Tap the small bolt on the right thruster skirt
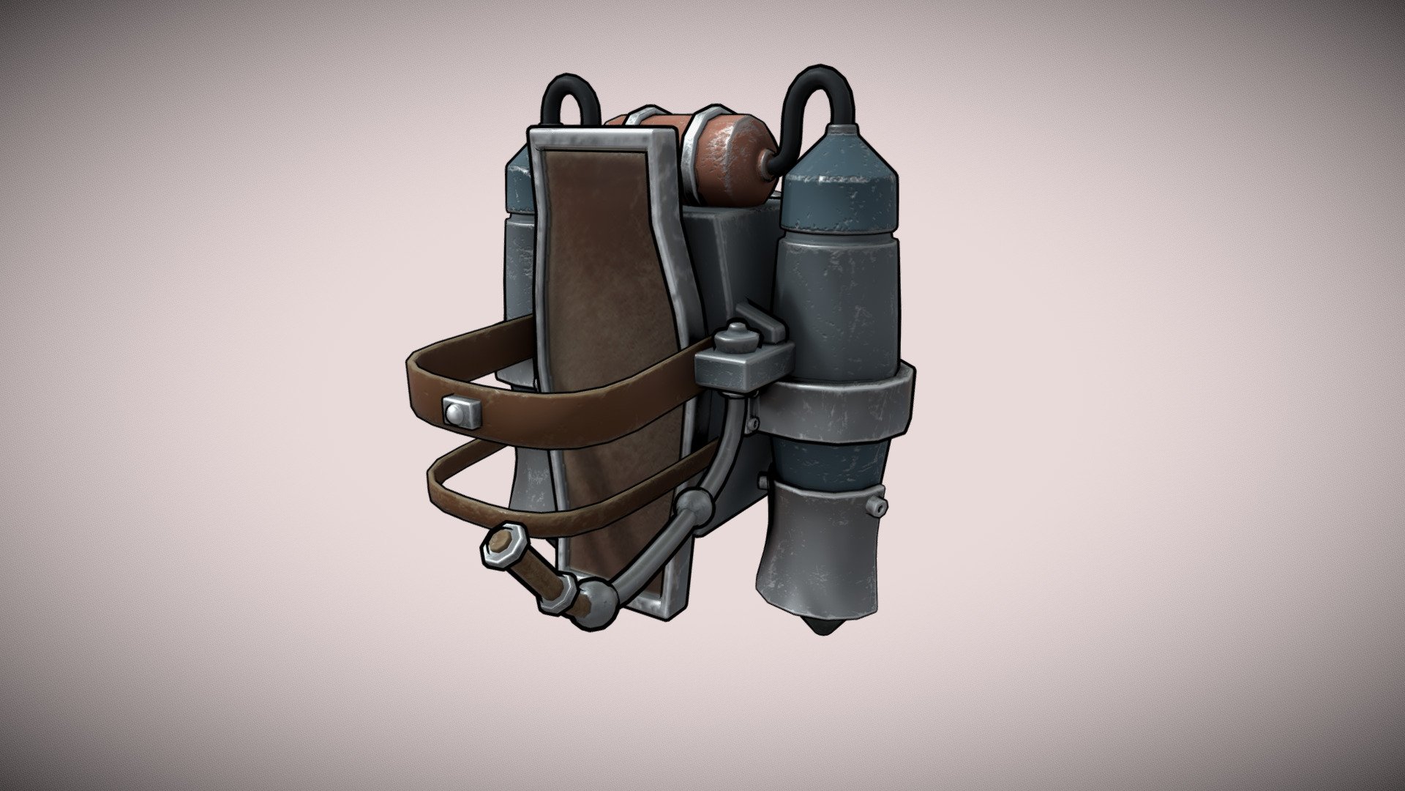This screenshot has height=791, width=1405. (x=877, y=505)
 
